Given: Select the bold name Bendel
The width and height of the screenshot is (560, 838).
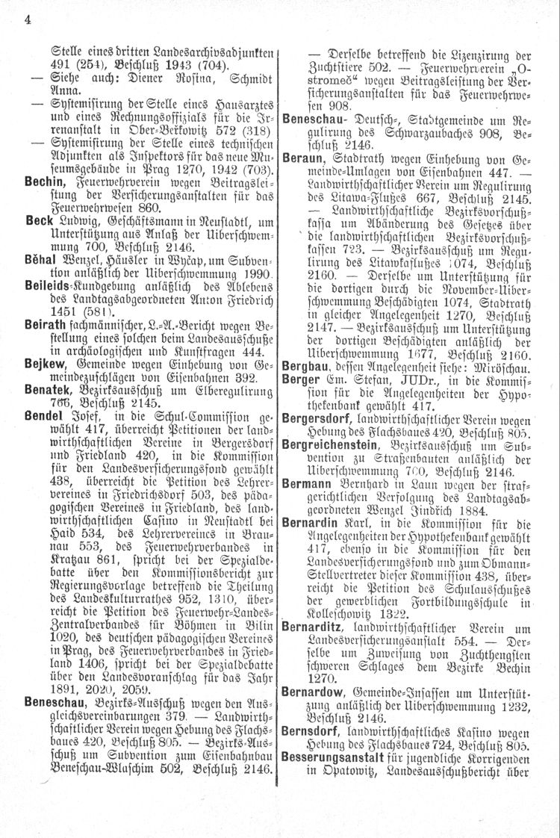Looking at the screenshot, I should coord(44,453).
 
